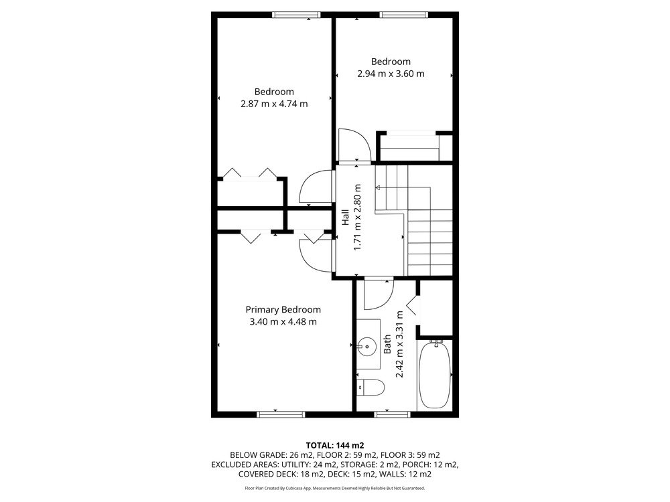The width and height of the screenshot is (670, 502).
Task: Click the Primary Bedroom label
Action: click(x=283, y=310)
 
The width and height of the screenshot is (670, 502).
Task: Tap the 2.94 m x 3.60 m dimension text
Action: click(x=391, y=74)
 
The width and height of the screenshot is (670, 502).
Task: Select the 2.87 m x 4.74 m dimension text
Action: click(x=274, y=104)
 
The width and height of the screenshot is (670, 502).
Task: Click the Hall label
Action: click(x=346, y=217)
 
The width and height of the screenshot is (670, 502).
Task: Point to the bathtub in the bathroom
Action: click(x=435, y=374)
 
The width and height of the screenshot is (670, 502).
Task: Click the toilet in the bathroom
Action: click(x=371, y=388)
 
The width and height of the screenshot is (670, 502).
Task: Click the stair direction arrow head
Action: click(x=378, y=187)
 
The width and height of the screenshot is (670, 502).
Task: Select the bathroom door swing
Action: click(x=378, y=294)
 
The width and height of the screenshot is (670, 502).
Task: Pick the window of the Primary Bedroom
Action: click(x=281, y=414)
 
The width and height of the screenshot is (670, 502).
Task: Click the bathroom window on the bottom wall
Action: click(x=392, y=414)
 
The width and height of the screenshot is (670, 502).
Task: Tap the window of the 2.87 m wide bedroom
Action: click(x=297, y=15)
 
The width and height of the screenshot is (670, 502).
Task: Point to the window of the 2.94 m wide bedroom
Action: click(x=404, y=15)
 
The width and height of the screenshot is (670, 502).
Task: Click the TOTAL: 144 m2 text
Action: click(x=335, y=446)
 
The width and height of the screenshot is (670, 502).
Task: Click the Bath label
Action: click(x=387, y=344)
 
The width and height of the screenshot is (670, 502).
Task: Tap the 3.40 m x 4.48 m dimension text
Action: click(x=283, y=322)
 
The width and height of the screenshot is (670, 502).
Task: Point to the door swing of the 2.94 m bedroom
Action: click(x=354, y=146)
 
